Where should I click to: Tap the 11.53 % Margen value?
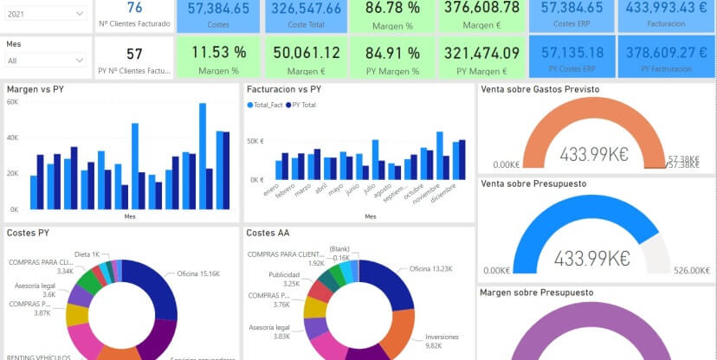click(218, 53)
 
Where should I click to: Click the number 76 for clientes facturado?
click(134, 8)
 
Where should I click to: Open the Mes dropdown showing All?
click(45, 61)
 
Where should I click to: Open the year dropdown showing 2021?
click(45, 14)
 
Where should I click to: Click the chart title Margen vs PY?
click(36, 89)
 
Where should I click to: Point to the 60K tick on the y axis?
click(12, 102)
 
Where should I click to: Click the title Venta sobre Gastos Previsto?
click(539, 89)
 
